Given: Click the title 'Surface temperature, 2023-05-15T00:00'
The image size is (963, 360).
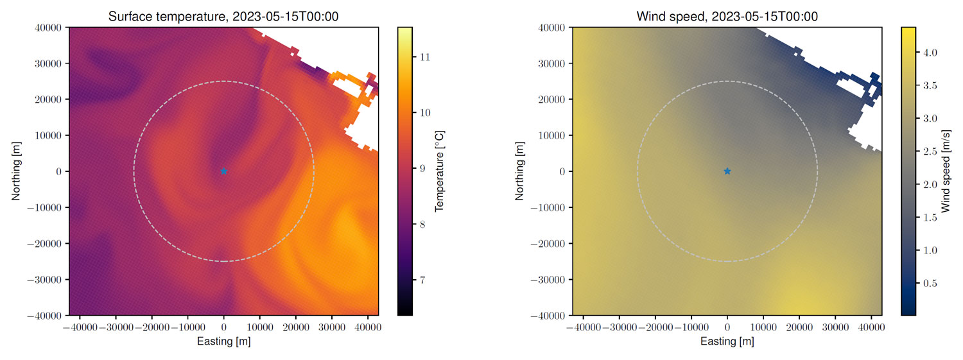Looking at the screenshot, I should point(223,17).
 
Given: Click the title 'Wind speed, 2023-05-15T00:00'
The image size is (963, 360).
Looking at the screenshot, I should point(726,17).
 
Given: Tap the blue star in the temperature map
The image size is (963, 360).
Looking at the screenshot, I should point(223,171).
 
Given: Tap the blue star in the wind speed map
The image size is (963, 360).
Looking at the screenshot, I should point(727,171).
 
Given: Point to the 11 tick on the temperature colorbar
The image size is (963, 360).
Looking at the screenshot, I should point(424,57).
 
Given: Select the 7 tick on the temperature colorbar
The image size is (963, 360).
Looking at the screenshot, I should point(424,280).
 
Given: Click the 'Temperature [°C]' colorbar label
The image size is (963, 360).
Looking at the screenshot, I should point(440,171).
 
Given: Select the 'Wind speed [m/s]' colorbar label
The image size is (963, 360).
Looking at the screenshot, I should point(946,171).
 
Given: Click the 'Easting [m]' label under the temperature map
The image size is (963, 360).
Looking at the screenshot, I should point(223,341).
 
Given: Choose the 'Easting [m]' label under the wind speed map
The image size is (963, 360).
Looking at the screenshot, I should point(727,341).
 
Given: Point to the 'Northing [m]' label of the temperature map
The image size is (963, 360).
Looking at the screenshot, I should point(16,171).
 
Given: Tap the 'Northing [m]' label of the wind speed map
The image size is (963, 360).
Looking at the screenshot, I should point(519,171).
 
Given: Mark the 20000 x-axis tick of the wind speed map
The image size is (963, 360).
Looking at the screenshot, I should point(799,327).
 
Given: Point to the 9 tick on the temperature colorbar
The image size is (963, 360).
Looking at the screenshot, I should point(424,168).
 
